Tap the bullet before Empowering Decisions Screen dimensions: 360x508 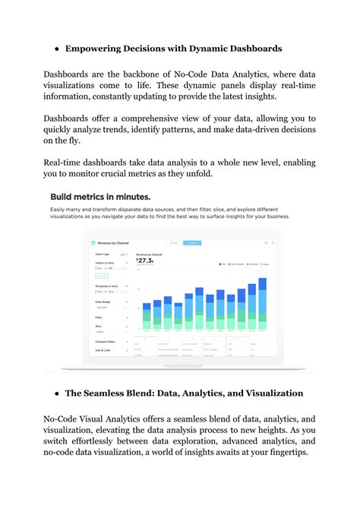point(57,49)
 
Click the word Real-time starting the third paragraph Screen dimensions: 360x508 point(67,163)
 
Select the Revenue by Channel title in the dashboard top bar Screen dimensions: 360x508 point(119,243)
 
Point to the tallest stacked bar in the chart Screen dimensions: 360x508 point(263,303)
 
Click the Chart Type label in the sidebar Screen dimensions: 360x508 point(101,254)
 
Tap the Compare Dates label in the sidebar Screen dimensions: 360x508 point(105,342)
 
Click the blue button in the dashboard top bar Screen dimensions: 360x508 point(193,243)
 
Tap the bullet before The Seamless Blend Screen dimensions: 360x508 point(57,393)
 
